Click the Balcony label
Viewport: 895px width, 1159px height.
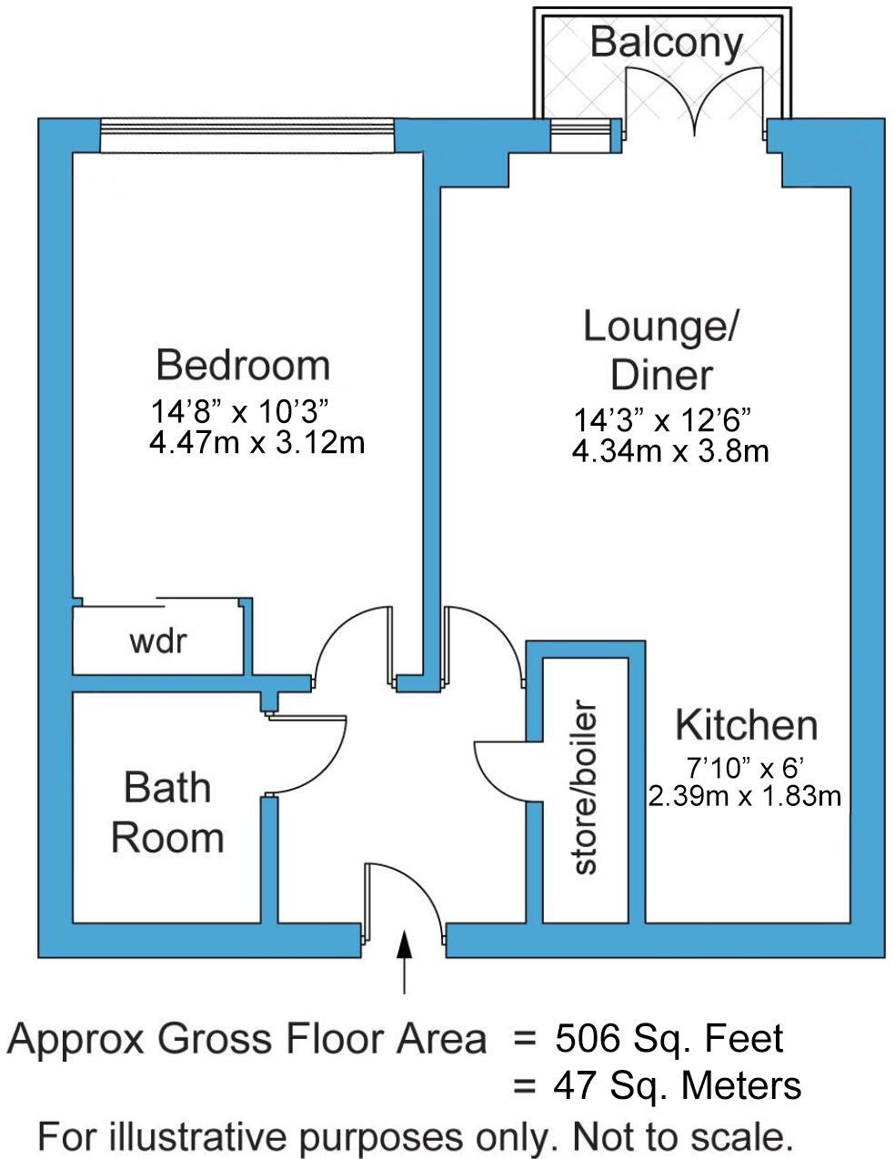pos(665,42)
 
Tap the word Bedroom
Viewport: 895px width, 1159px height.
pos(242,365)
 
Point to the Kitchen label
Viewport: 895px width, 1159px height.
pos(746,726)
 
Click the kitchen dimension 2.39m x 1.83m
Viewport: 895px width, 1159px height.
pos(744,797)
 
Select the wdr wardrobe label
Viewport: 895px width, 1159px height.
pos(157,640)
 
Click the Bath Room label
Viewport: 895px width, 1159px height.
pos(167,812)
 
